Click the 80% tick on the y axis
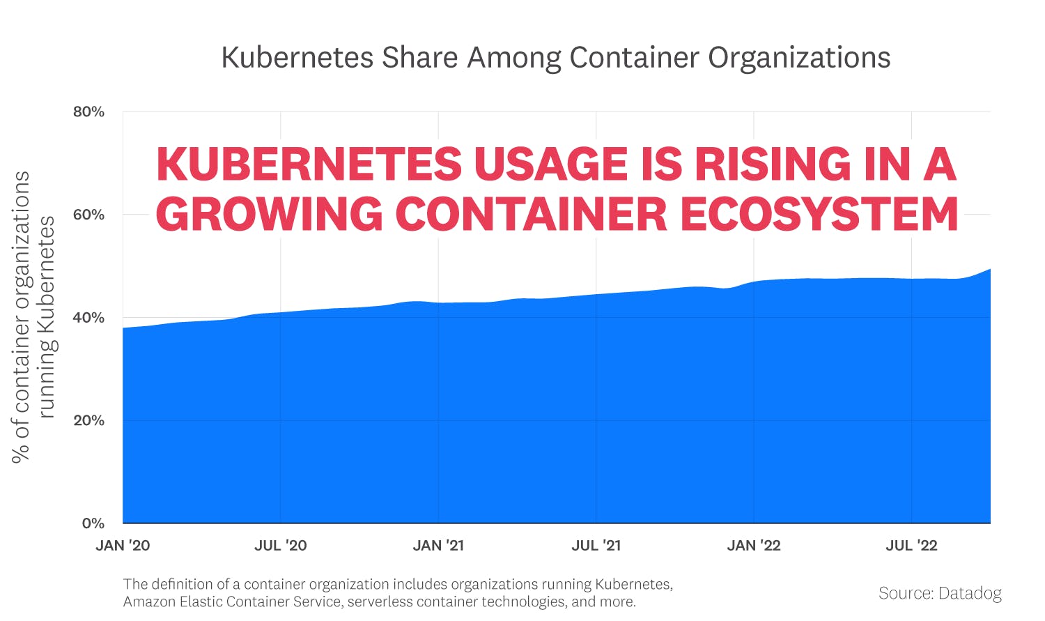click(88, 112)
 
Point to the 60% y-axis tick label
click(88, 215)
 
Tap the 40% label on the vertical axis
click(88, 318)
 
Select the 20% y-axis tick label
click(88, 420)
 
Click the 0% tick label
click(93, 523)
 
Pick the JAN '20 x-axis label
click(123, 546)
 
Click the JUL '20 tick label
click(280, 546)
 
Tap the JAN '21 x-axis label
click(438, 546)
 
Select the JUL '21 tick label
click(596, 546)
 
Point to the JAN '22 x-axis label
click(754, 546)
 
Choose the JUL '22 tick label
click(911, 546)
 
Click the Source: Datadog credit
click(940, 593)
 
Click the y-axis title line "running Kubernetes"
click(46, 317)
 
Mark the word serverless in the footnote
click(378, 602)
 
